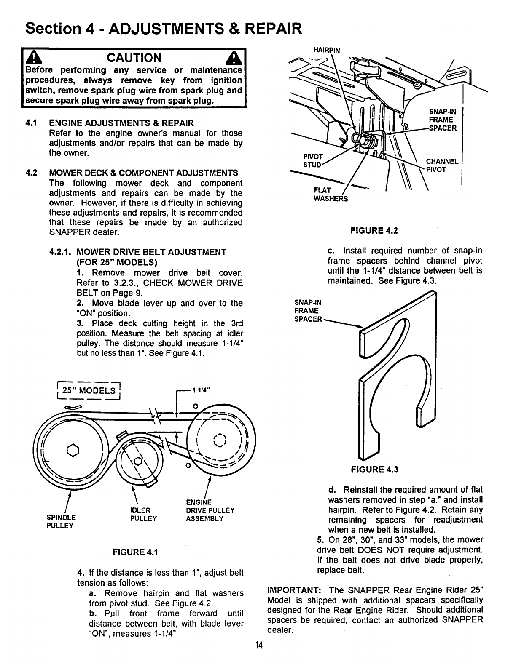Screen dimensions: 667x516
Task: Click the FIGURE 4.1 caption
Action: point(132,552)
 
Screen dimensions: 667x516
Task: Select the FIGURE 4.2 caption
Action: point(373,231)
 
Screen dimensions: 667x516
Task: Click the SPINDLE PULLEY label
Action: point(62,521)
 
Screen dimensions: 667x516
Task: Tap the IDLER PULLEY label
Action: point(143,514)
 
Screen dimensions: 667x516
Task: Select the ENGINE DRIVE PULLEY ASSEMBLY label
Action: point(210,510)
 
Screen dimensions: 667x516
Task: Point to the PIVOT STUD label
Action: point(313,160)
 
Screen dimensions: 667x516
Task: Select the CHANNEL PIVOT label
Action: point(442,165)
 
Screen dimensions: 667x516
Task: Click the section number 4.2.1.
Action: point(62,252)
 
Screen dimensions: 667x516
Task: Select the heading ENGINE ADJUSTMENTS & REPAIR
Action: point(122,123)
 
